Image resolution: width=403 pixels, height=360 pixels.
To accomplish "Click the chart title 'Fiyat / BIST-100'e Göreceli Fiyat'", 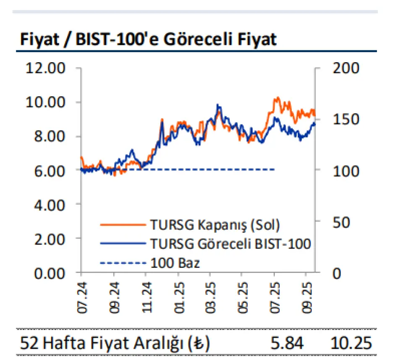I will coord(147,39).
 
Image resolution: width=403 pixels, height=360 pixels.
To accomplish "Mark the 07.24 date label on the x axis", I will coord(81,297).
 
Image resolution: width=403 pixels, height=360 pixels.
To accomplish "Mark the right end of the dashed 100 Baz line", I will coord(274,170).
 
